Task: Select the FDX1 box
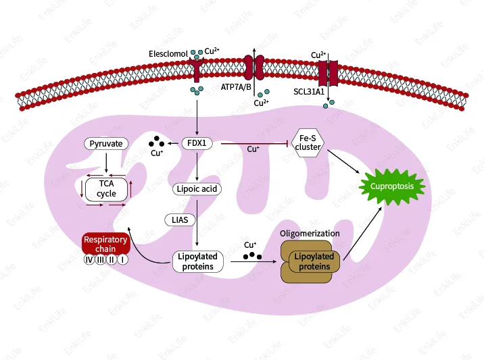click(197, 143)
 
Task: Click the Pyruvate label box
click(107, 144)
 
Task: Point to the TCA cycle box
click(106, 188)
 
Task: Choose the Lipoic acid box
click(196, 189)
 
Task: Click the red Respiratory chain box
click(105, 244)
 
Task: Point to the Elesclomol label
click(168, 53)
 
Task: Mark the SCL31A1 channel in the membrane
click(328, 70)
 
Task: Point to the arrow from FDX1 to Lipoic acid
click(197, 166)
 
